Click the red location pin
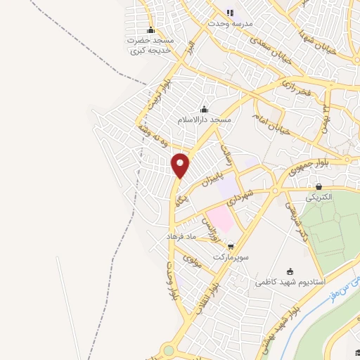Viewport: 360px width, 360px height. click(181, 166)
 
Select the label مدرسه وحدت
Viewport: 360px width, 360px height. click(229, 22)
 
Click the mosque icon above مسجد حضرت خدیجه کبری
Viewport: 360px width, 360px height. click(150, 30)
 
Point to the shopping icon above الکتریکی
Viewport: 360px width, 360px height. click(320, 187)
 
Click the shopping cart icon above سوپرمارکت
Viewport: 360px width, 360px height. click(231, 246)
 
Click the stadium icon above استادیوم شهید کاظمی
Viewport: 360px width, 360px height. click(290, 271)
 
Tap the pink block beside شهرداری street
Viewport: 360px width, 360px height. click(222, 217)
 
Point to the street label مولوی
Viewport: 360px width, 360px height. click(192, 264)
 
